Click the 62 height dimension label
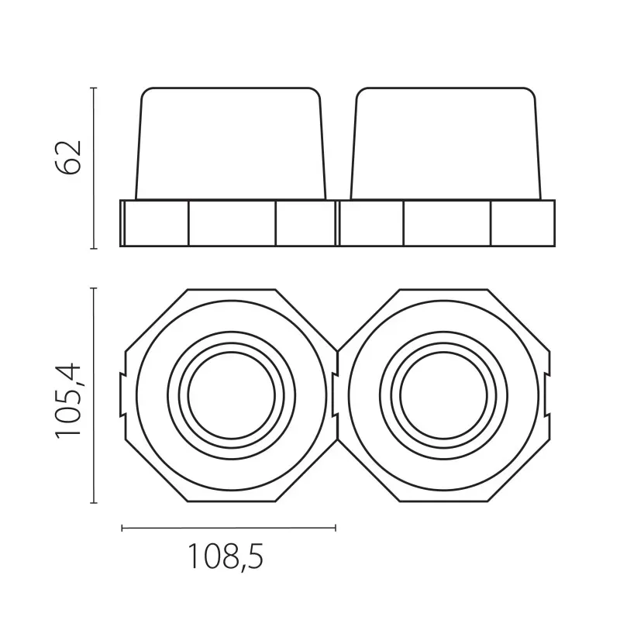point(69,157)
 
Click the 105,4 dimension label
point(68,400)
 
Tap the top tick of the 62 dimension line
point(94,88)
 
